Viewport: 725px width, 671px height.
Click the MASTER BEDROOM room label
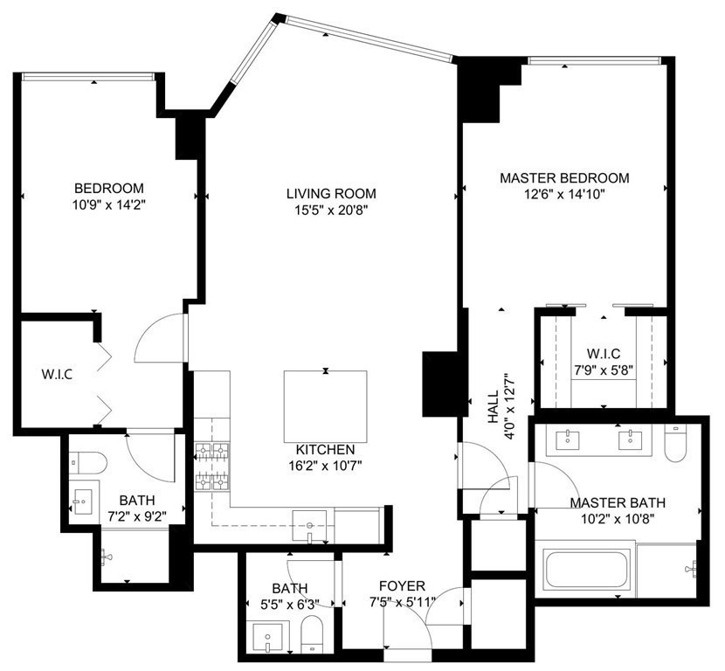click(564, 178)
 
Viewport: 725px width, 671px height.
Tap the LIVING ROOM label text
click(331, 193)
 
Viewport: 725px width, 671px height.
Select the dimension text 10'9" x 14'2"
click(109, 204)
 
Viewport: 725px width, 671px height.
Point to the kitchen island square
click(325, 407)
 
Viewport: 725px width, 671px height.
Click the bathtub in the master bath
click(585, 569)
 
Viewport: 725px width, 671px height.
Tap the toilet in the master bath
click(675, 442)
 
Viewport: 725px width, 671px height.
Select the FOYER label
click(402, 585)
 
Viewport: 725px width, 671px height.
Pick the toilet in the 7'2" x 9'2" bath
click(87, 460)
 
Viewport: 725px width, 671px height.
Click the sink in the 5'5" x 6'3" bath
click(265, 638)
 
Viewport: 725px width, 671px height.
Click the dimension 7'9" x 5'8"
click(603, 370)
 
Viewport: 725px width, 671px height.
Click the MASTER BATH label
click(618, 502)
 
